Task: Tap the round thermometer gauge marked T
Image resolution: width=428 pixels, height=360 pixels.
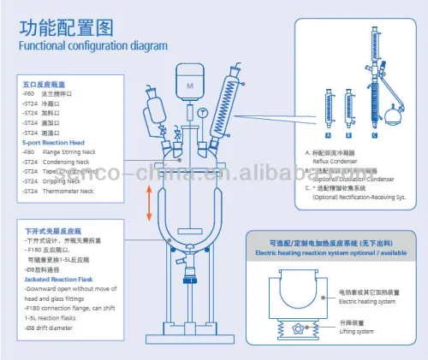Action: coord(203,113)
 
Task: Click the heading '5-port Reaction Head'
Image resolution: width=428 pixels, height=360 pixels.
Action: coord(54,141)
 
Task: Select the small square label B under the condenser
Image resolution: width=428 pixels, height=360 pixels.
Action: coord(348,134)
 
